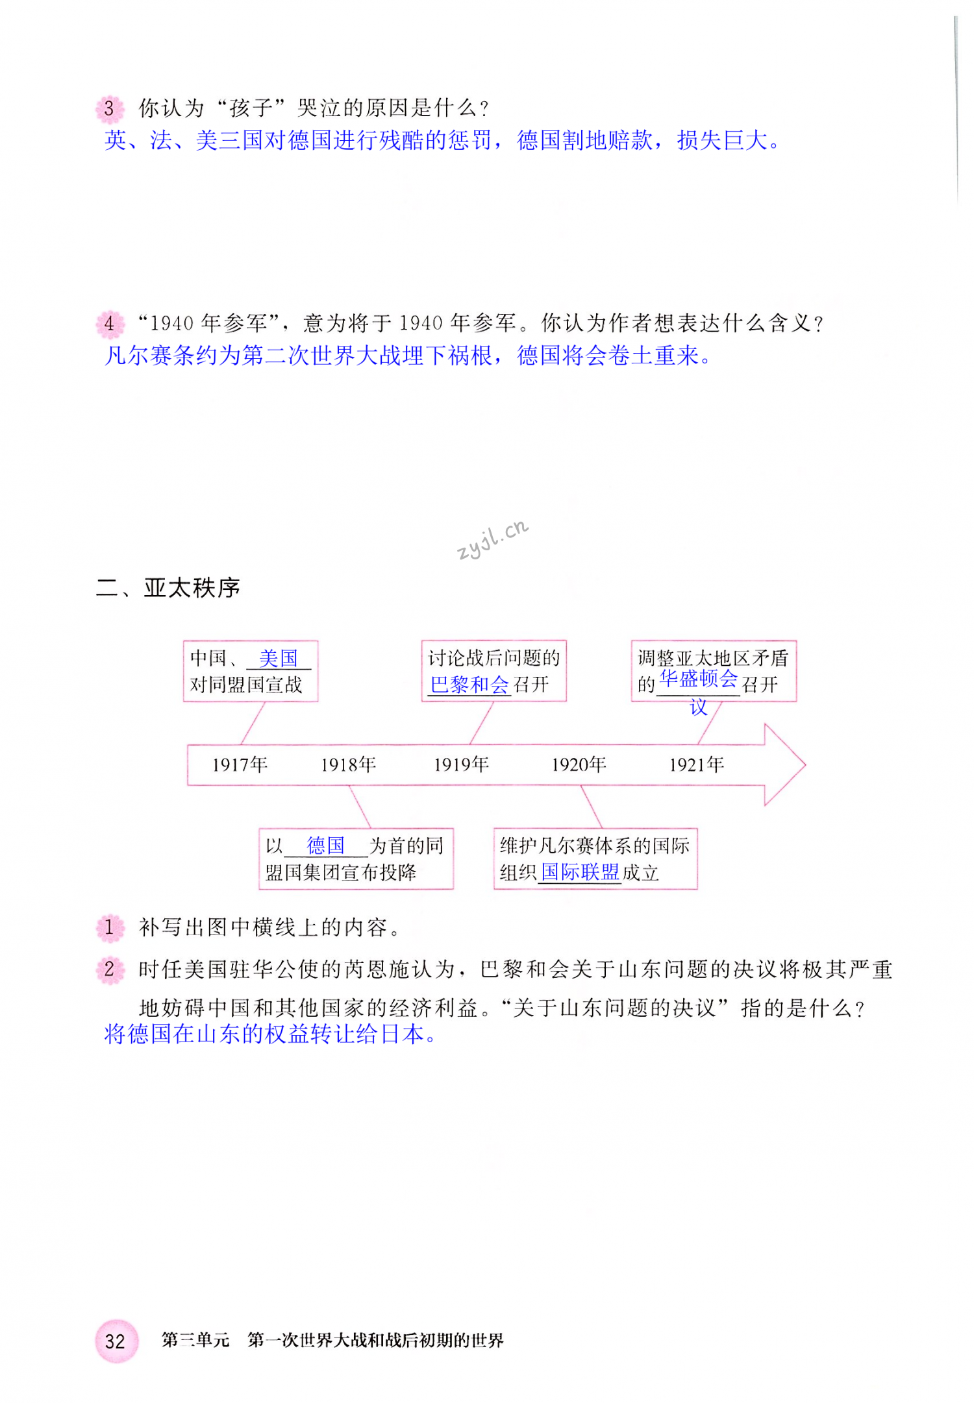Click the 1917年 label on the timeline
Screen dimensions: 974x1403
[x=240, y=764]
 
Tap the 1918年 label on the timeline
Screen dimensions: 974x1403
[x=348, y=764]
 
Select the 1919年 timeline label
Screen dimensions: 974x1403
[x=461, y=764]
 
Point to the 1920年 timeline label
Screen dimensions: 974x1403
[x=579, y=764]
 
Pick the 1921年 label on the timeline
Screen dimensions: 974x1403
[x=696, y=764]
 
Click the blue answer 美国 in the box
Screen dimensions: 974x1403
[x=278, y=659]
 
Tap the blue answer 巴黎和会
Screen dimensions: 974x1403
[x=469, y=685]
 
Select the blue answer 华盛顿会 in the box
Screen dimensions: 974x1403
[x=698, y=679]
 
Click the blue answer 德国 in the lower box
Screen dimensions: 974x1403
[x=326, y=846]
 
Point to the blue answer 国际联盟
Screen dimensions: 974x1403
[x=580, y=872]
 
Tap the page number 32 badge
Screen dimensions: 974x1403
[x=116, y=1341]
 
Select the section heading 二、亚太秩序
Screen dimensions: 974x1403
[x=168, y=588]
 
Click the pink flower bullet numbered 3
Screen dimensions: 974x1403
[x=109, y=108]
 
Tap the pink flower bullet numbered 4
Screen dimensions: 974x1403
[x=109, y=323]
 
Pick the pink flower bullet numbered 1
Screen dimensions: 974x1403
[x=109, y=927]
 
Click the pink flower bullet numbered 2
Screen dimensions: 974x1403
[x=109, y=970]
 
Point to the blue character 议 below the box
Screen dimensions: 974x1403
[x=699, y=707]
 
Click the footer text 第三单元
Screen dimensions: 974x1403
[x=195, y=1340]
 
